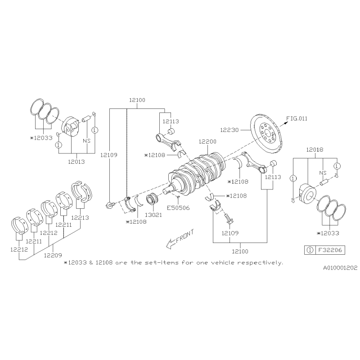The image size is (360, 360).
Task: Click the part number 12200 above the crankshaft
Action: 207,141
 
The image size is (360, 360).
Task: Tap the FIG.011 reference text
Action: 297,118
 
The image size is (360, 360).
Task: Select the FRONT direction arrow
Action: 180,239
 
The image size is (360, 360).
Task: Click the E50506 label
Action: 178,208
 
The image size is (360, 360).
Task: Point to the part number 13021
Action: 153,215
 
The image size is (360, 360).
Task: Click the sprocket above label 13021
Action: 152,199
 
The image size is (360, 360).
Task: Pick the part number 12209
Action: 53,255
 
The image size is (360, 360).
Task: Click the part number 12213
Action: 80,217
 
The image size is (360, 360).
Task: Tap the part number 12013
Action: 76,162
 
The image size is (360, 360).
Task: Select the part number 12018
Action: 315,149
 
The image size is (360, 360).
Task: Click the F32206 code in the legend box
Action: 330,250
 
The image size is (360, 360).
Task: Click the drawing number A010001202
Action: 340,268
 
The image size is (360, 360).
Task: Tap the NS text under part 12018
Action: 323,173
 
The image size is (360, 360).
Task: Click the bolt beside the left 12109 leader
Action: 110,204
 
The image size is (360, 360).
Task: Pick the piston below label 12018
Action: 308,193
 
